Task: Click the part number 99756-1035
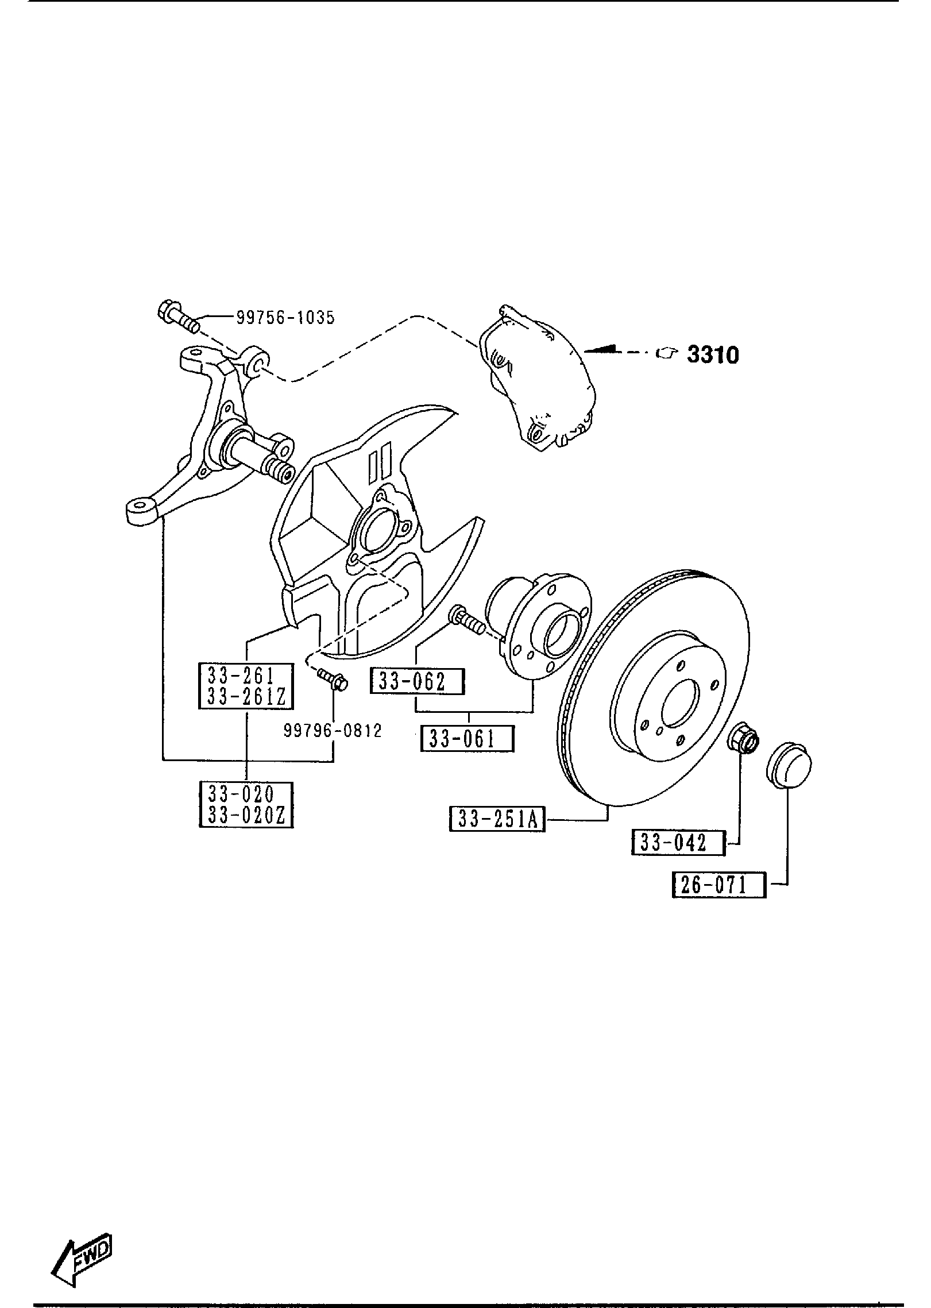click(x=285, y=317)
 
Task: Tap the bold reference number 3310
click(x=713, y=355)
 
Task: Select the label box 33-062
click(x=417, y=681)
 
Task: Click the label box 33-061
click(x=467, y=739)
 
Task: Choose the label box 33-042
click(x=678, y=843)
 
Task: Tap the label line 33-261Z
click(x=246, y=697)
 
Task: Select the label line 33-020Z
click(x=246, y=815)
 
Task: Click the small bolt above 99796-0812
click(x=333, y=679)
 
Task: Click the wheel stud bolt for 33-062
click(x=468, y=620)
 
